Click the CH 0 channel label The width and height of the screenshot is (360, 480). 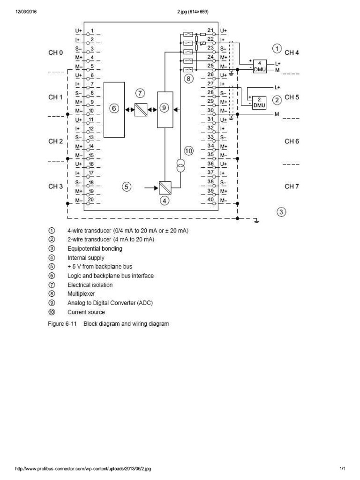pos(55,53)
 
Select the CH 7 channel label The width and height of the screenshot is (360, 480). pos(292,187)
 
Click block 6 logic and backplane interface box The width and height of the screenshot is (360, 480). pos(114,109)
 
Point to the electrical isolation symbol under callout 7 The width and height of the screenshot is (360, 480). pos(141,109)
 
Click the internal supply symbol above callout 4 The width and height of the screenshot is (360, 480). pos(165,187)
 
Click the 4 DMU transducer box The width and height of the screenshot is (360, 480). pos(259,66)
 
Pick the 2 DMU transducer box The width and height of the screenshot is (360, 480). pos(259,102)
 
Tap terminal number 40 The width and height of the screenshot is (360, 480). pos(210,200)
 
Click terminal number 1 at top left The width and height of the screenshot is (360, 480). pos(92,31)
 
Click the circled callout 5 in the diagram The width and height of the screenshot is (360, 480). pos(127,187)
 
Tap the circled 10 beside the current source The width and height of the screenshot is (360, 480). pos(188,151)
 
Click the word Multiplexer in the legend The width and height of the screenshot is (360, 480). pos(81,294)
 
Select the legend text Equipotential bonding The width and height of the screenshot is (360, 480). pos(95,248)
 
